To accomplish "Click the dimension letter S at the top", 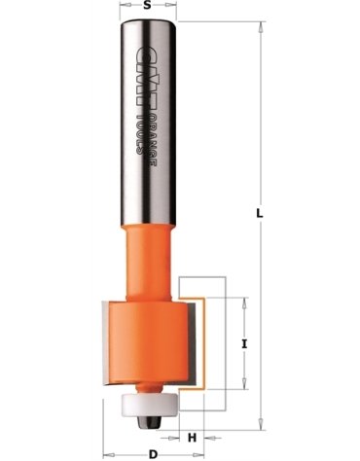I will (x=147, y=7).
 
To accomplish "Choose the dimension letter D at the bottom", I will (x=153, y=454).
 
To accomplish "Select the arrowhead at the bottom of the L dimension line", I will (x=262, y=421).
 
